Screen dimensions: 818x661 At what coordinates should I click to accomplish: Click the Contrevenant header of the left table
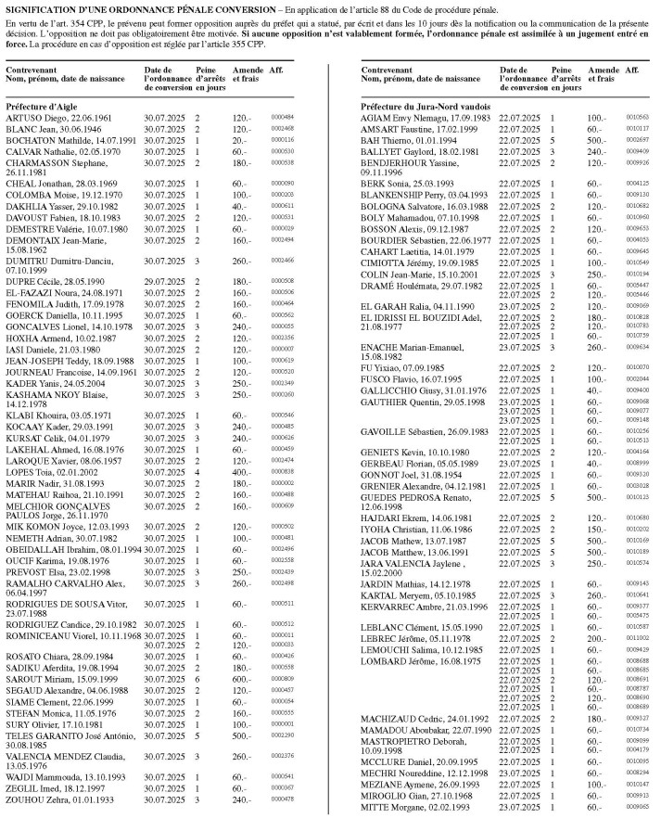(x=31, y=70)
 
